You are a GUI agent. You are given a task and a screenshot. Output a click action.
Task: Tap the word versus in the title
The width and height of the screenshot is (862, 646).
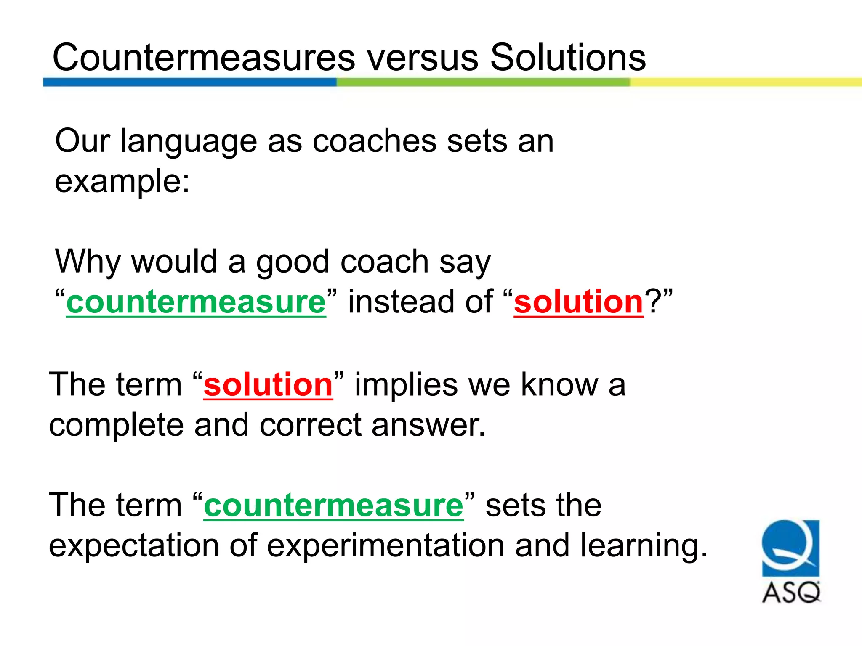coord(423,58)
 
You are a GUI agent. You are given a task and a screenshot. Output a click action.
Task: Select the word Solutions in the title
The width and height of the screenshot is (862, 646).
coord(568,58)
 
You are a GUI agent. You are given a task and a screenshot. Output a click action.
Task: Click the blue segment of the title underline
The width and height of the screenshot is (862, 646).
coord(189,82)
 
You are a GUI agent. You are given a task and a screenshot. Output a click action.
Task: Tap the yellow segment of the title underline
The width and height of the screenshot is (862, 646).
coord(745,82)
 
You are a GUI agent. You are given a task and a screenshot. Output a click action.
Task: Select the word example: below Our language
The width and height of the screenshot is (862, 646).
coord(122,182)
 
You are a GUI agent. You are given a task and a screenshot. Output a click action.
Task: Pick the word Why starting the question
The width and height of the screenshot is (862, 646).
coord(88,262)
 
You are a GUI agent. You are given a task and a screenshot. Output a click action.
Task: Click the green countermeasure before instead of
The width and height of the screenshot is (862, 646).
coord(196,302)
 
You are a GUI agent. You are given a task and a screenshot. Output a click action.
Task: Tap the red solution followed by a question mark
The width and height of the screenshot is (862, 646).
coord(578,302)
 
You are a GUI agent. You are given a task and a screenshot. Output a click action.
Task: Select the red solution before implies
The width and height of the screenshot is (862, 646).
coord(268,385)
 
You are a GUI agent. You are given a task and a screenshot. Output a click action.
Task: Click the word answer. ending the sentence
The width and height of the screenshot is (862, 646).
coord(428,425)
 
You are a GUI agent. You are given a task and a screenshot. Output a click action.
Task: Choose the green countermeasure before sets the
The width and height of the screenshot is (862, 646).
coord(333,505)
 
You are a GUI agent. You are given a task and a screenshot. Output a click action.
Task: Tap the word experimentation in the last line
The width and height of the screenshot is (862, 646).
coord(386,545)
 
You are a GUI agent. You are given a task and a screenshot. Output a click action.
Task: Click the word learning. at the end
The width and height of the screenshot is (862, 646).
coord(644,545)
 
